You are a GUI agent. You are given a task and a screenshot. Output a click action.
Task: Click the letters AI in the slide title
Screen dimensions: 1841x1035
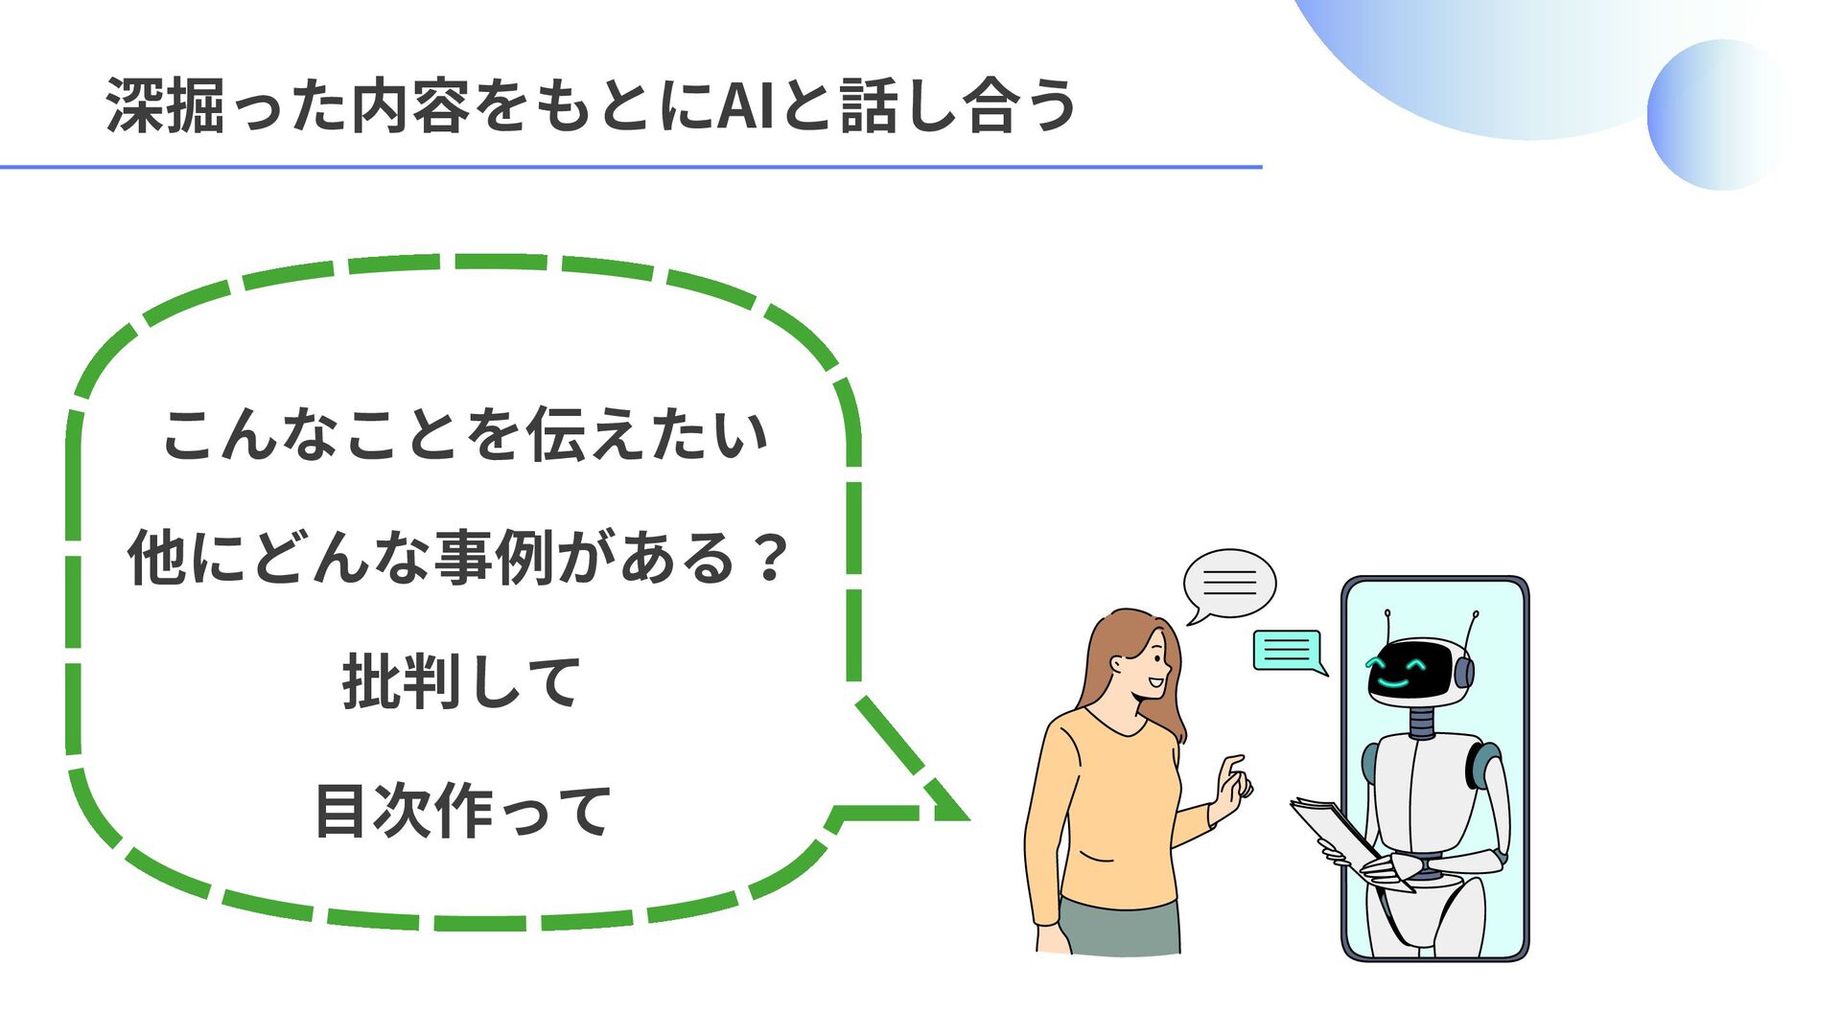point(745,105)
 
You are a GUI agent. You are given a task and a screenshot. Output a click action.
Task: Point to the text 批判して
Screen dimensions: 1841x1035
point(461,682)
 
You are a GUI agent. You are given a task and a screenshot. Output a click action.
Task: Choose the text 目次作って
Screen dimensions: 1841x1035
point(463,811)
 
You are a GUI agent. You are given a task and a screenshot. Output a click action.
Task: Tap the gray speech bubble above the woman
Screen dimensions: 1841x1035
point(1229,583)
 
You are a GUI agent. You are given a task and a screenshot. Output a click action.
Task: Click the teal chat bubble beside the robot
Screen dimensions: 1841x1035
point(1288,651)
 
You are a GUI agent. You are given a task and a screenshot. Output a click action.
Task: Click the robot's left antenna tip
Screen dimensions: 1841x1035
point(1387,612)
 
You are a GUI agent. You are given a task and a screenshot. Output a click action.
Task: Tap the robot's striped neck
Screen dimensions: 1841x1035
point(1423,721)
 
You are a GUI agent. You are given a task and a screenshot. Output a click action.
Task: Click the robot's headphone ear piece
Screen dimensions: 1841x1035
point(1464,671)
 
